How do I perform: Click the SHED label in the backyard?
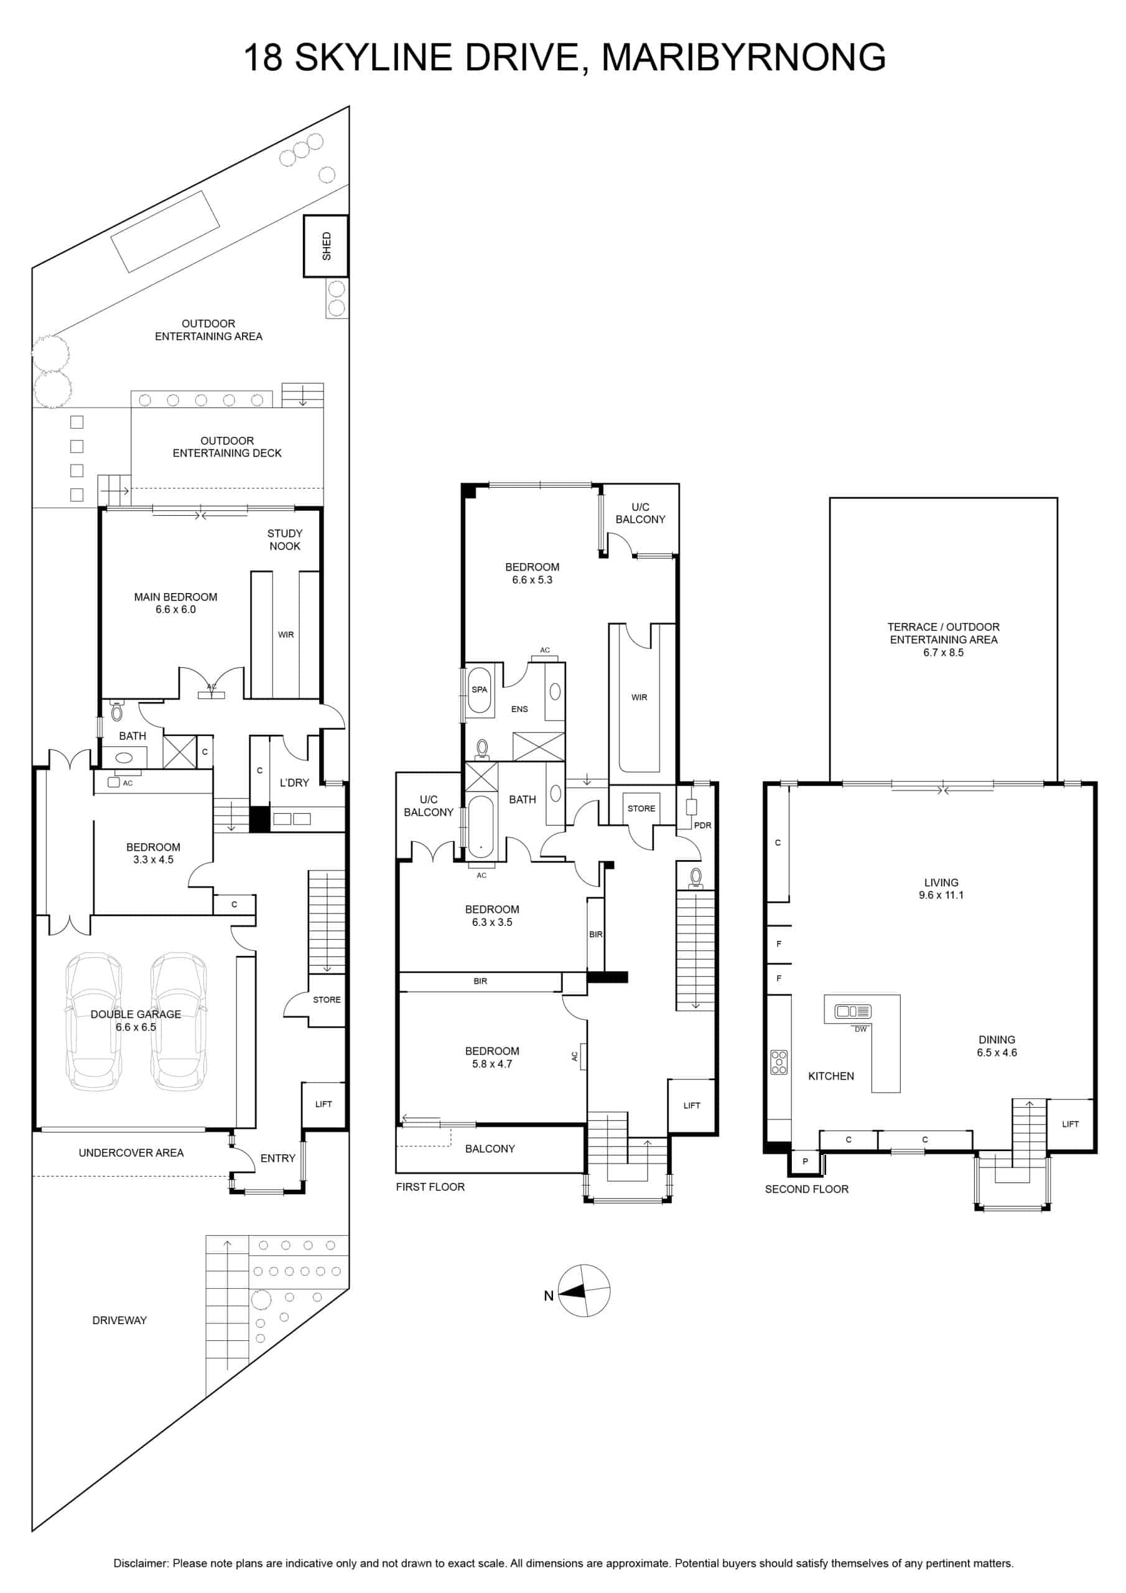(x=327, y=246)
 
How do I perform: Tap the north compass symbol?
(x=584, y=1291)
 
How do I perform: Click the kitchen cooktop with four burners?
(x=779, y=1062)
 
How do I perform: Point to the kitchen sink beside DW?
(x=853, y=1012)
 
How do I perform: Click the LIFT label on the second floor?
(x=1071, y=1124)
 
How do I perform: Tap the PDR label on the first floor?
(x=703, y=825)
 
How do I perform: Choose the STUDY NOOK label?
(x=284, y=540)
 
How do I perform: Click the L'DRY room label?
(x=294, y=783)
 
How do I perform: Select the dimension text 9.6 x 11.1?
(x=941, y=895)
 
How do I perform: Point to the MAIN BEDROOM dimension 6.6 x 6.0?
(x=175, y=610)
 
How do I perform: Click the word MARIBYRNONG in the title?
(x=744, y=57)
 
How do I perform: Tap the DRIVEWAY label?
(x=119, y=1320)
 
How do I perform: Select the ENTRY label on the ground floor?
(x=277, y=1158)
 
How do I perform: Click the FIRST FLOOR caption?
(x=430, y=1187)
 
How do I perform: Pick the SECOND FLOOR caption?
(x=807, y=1189)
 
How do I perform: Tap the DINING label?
(x=997, y=1039)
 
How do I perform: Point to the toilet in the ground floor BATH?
(x=116, y=711)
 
